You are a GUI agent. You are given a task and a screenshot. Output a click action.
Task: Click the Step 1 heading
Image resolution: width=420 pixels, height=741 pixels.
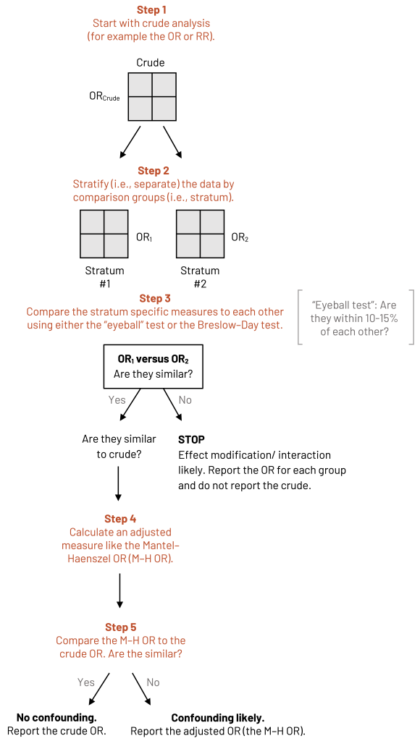[151, 9]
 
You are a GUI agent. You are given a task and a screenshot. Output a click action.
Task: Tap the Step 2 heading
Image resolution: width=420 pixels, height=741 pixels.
[154, 171]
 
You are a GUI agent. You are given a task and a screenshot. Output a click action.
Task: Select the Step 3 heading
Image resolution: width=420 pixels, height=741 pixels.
[155, 299]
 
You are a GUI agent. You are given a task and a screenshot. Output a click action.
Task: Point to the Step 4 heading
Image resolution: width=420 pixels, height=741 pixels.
[120, 519]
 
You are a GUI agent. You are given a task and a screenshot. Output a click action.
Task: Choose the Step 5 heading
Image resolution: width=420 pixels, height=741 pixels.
[120, 627]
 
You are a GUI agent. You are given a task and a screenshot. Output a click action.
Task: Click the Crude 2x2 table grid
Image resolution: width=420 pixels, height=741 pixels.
[152, 96]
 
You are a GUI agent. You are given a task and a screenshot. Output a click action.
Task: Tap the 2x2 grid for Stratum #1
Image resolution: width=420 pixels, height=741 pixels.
[104, 234]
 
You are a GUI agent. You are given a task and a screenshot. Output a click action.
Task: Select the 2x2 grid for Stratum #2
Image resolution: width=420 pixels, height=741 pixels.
[199, 234]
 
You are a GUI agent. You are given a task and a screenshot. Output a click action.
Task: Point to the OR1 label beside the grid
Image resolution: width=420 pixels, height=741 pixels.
[144, 237]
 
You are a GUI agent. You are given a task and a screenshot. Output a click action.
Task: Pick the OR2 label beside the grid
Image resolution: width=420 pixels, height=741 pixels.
[240, 237]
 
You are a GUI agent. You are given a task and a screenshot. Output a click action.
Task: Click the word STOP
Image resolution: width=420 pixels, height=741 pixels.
[192, 439]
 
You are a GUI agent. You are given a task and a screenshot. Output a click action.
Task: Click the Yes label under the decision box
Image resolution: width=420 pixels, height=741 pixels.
[117, 400]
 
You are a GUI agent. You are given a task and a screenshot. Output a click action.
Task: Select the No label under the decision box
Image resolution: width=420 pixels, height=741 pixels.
[185, 400]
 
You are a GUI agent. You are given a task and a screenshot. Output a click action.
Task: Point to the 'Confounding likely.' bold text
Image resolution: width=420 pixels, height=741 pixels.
[217, 718]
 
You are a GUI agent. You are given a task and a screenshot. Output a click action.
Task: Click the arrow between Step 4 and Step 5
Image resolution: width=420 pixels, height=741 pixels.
[120, 590]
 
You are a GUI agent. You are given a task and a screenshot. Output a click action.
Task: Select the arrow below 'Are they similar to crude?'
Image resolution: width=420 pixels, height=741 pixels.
[118, 483]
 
